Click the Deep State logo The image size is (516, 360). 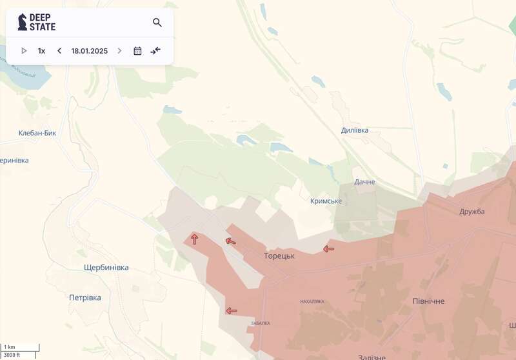pyautogui.click(x=36, y=23)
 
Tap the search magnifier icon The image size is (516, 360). pyautogui.click(x=157, y=23)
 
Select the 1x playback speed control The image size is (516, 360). pyautogui.click(x=41, y=50)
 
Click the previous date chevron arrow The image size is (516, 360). pyautogui.click(x=59, y=50)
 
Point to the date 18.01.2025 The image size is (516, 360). pyautogui.click(x=90, y=50)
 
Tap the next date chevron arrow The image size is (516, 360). pyautogui.click(x=119, y=50)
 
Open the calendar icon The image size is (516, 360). pyautogui.click(x=137, y=50)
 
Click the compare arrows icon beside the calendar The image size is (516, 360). pyautogui.click(x=155, y=50)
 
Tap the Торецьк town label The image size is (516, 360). pyautogui.click(x=279, y=256)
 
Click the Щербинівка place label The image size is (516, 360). pyautogui.click(x=106, y=268)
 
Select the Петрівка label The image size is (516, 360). pyautogui.click(x=85, y=298)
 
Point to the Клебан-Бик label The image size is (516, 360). pyautogui.click(x=37, y=134)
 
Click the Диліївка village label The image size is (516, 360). pyautogui.click(x=355, y=130)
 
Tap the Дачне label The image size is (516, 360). pyautogui.click(x=364, y=182)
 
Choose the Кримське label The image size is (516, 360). pyautogui.click(x=326, y=201)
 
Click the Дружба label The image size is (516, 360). pyautogui.click(x=472, y=212)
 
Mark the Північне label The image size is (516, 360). pyautogui.click(x=428, y=301)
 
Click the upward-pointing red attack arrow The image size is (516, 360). pyautogui.click(x=194, y=239)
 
